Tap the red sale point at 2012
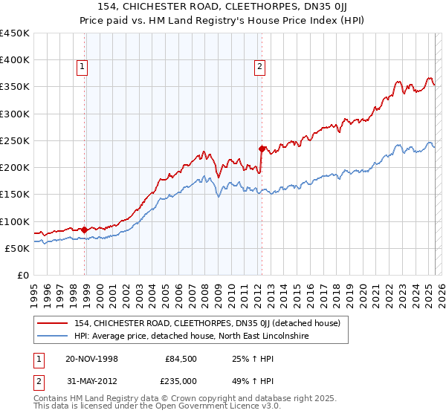click(x=262, y=149)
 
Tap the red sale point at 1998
click(x=85, y=230)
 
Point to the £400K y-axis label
click(x=15, y=60)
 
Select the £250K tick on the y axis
click(x=15, y=140)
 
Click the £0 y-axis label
click(x=22, y=275)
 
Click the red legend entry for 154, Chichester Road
click(x=207, y=323)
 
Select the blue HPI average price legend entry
click(x=191, y=337)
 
